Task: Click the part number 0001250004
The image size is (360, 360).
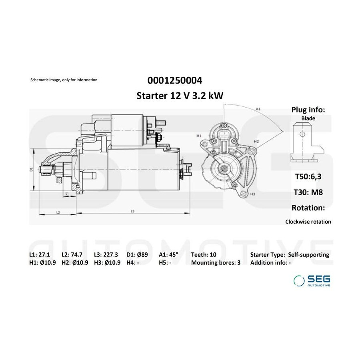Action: point(175,80)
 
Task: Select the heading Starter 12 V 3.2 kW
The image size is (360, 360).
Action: point(180,96)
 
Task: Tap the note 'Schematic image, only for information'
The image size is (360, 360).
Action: point(64,80)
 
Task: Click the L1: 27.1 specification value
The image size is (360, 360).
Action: point(40,255)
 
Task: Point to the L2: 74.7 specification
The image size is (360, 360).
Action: point(72,255)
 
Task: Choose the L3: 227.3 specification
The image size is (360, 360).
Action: point(106,255)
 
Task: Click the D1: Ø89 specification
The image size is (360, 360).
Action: point(137,255)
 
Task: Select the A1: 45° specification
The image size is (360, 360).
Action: point(168,255)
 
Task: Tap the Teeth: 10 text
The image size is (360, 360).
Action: point(204,255)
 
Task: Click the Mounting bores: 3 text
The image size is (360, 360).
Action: point(216,263)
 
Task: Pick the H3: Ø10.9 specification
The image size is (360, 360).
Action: point(107,263)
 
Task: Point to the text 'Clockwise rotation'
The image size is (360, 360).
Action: point(308,222)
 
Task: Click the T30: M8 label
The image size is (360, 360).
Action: point(308,192)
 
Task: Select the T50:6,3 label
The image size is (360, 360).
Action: point(308,176)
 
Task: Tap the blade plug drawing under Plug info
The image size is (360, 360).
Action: point(307,142)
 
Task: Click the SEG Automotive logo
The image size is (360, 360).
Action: point(312,280)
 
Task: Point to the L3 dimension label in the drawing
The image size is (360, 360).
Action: point(132,211)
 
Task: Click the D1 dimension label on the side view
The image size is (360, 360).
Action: point(32,170)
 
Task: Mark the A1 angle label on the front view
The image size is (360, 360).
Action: point(258,109)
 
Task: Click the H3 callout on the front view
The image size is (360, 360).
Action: point(252,194)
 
